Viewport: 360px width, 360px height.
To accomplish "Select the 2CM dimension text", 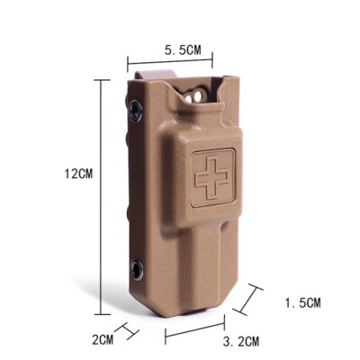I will coord(105,339).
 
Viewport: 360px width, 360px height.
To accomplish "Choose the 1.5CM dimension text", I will coord(301,302).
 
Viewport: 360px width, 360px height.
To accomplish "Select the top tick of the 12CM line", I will coord(98,78).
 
